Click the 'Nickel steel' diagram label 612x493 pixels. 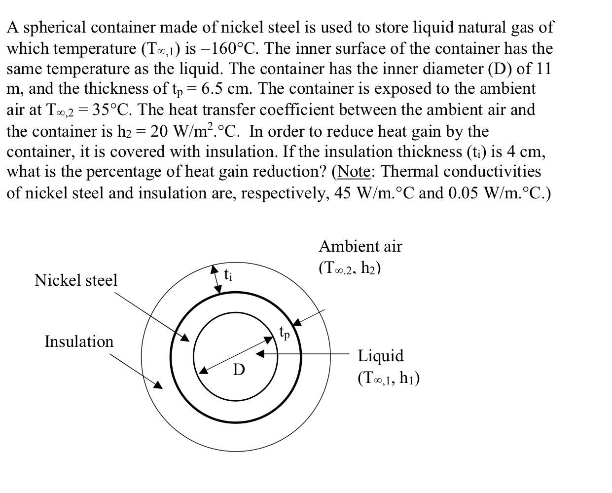pyautogui.click(x=76, y=280)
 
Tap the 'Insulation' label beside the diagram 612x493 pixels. pyautogui.click(x=79, y=341)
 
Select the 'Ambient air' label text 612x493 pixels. pyautogui.click(x=360, y=246)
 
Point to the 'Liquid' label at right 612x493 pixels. pyautogui.click(x=380, y=356)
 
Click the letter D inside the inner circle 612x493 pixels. pyautogui.click(x=239, y=370)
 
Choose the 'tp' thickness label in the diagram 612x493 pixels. pyautogui.click(x=285, y=332)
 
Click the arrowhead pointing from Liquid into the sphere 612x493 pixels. pyautogui.click(x=260, y=354)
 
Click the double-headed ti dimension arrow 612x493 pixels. pyautogui.click(x=217, y=280)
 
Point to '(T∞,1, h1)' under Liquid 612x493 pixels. pyautogui.click(x=389, y=378)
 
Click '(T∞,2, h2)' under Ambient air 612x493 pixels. pyautogui.click(x=350, y=268)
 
